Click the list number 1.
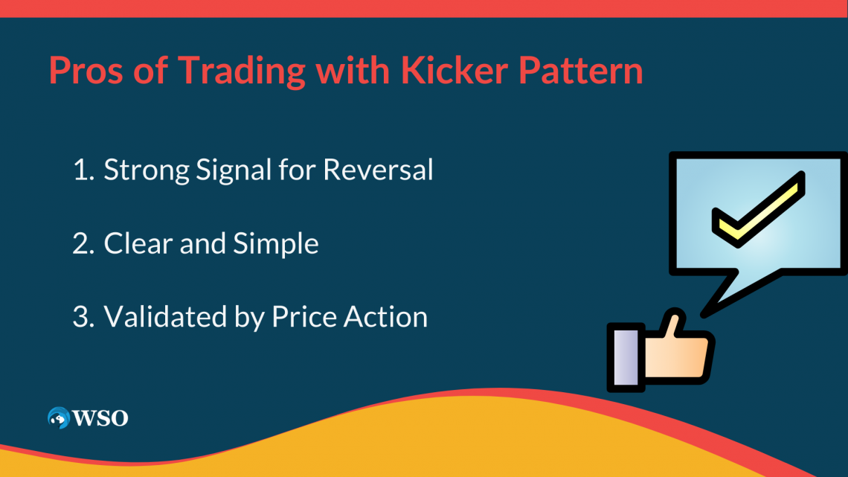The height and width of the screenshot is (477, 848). (80, 170)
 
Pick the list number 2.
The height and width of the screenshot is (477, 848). (80, 244)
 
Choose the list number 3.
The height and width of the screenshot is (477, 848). (80, 317)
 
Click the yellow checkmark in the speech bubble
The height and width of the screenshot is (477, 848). (759, 211)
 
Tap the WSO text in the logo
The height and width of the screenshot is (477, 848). (100, 418)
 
